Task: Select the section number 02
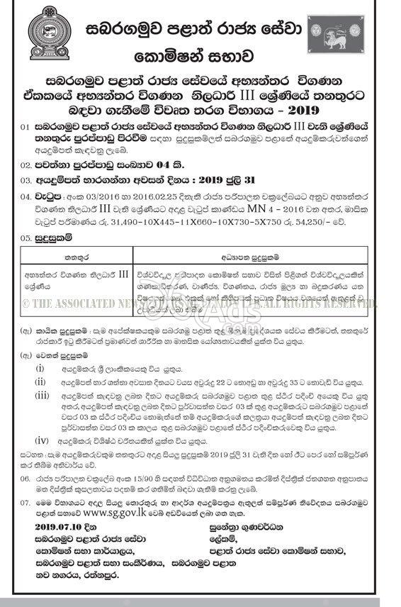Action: (26, 162)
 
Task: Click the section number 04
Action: (26, 191)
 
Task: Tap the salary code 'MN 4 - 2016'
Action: (280, 207)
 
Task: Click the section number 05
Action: (26, 239)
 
